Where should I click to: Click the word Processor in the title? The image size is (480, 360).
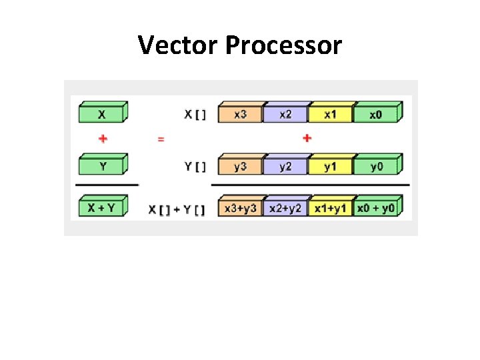tap(283, 45)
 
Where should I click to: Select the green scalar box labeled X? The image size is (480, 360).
tap(102, 114)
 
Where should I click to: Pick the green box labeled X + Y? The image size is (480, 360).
tap(101, 207)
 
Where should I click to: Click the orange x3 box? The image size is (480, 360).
tap(240, 114)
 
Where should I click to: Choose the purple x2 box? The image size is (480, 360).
tap(285, 114)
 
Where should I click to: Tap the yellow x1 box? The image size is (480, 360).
tap(331, 114)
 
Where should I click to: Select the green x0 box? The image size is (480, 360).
tap(376, 114)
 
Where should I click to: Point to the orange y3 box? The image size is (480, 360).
tap(240, 166)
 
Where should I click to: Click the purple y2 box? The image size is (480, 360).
tap(285, 166)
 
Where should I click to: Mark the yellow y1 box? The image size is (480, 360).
tap(331, 166)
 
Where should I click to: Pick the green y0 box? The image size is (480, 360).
tap(377, 166)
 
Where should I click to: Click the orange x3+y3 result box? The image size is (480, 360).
tap(240, 208)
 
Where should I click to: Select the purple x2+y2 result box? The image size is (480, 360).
tap(285, 208)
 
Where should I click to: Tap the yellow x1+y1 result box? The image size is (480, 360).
tap(331, 208)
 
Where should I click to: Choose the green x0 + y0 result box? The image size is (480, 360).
tap(377, 208)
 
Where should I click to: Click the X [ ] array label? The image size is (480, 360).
tap(195, 115)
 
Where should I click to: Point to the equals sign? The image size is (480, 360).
tap(161, 139)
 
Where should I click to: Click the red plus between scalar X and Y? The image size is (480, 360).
tap(103, 139)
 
